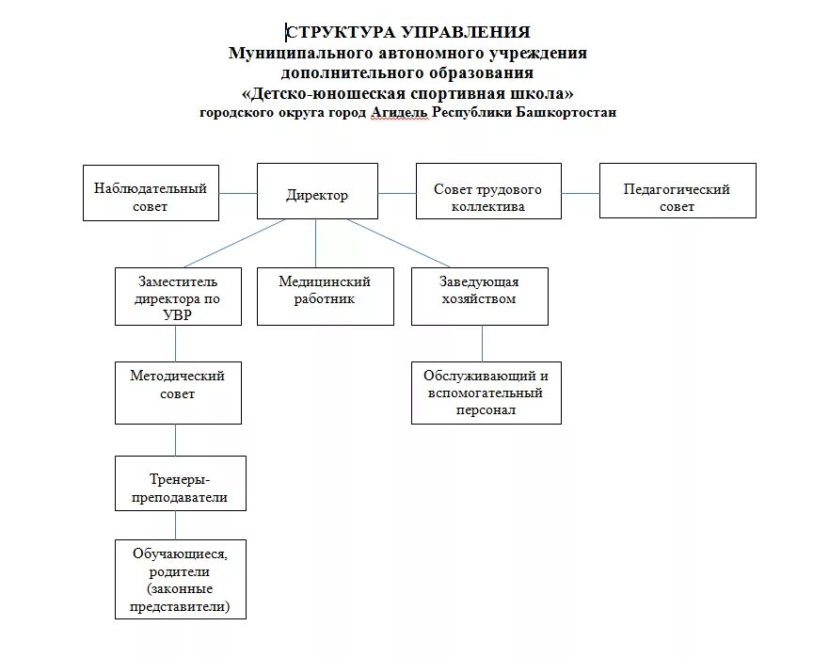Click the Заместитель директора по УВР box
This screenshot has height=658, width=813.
point(177,297)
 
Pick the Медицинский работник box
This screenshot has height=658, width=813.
point(325,296)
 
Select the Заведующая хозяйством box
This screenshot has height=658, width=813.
point(479,296)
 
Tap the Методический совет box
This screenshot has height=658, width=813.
point(177,391)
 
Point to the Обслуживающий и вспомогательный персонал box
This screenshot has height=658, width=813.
point(485,392)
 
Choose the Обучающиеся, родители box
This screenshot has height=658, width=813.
point(180,578)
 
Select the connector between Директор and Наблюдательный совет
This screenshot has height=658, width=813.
point(238,193)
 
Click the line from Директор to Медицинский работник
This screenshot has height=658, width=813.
point(316,243)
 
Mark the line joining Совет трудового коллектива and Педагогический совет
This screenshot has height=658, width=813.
point(580,193)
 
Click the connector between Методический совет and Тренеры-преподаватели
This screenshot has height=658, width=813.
point(176,440)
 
